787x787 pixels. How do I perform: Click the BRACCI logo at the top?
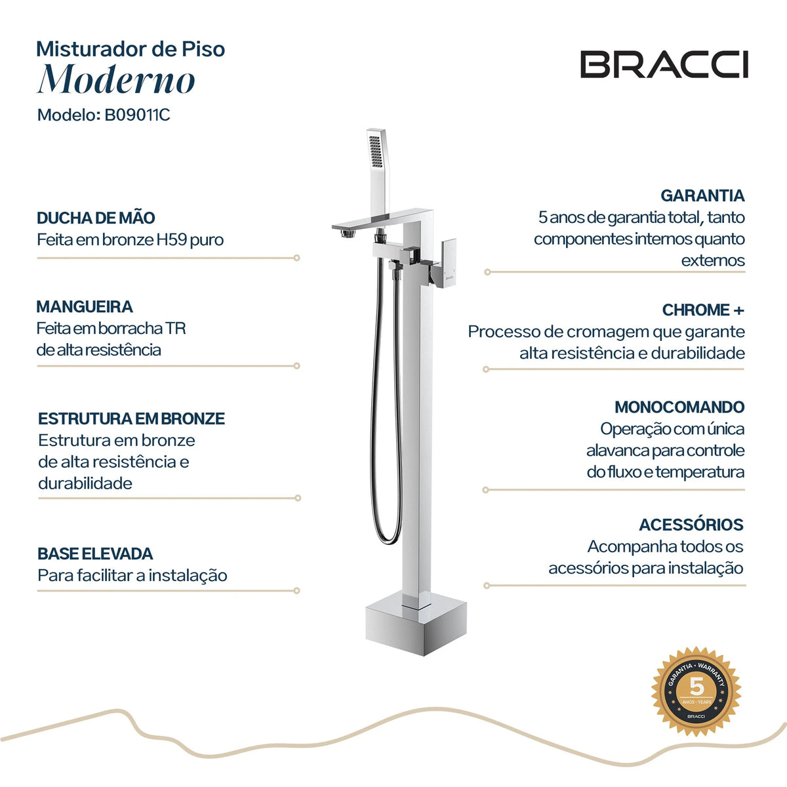pyautogui.click(x=664, y=64)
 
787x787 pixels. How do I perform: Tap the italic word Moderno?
pyautogui.click(x=116, y=79)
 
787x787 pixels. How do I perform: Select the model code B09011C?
pyautogui.click(x=137, y=115)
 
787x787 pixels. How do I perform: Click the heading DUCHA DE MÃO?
pyautogui.click(x=96, y=218)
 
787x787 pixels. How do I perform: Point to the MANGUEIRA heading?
pyautogui.click(x=85, y=306)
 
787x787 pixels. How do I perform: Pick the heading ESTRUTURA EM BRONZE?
pyautogui.click(x=132, y=418)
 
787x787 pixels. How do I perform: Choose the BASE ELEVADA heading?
pyautogui.click(x=95, y=554)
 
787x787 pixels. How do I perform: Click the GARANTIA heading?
pyautogui.click(x=702, y=195)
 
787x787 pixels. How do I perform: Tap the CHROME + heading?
pyautogui.click(x=703, y=310)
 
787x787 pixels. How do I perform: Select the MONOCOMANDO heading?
pyautogui.click(x=679, y=407)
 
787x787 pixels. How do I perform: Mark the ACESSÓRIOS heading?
pyautogui.click(x=691, y=525)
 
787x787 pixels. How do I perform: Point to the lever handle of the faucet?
pyautogui.click(x=448, y=263)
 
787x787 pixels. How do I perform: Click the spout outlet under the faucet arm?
pyautogui.click(x=347, y=233)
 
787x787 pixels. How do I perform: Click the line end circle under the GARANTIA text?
pyautogui.click(x=487, y=272)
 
